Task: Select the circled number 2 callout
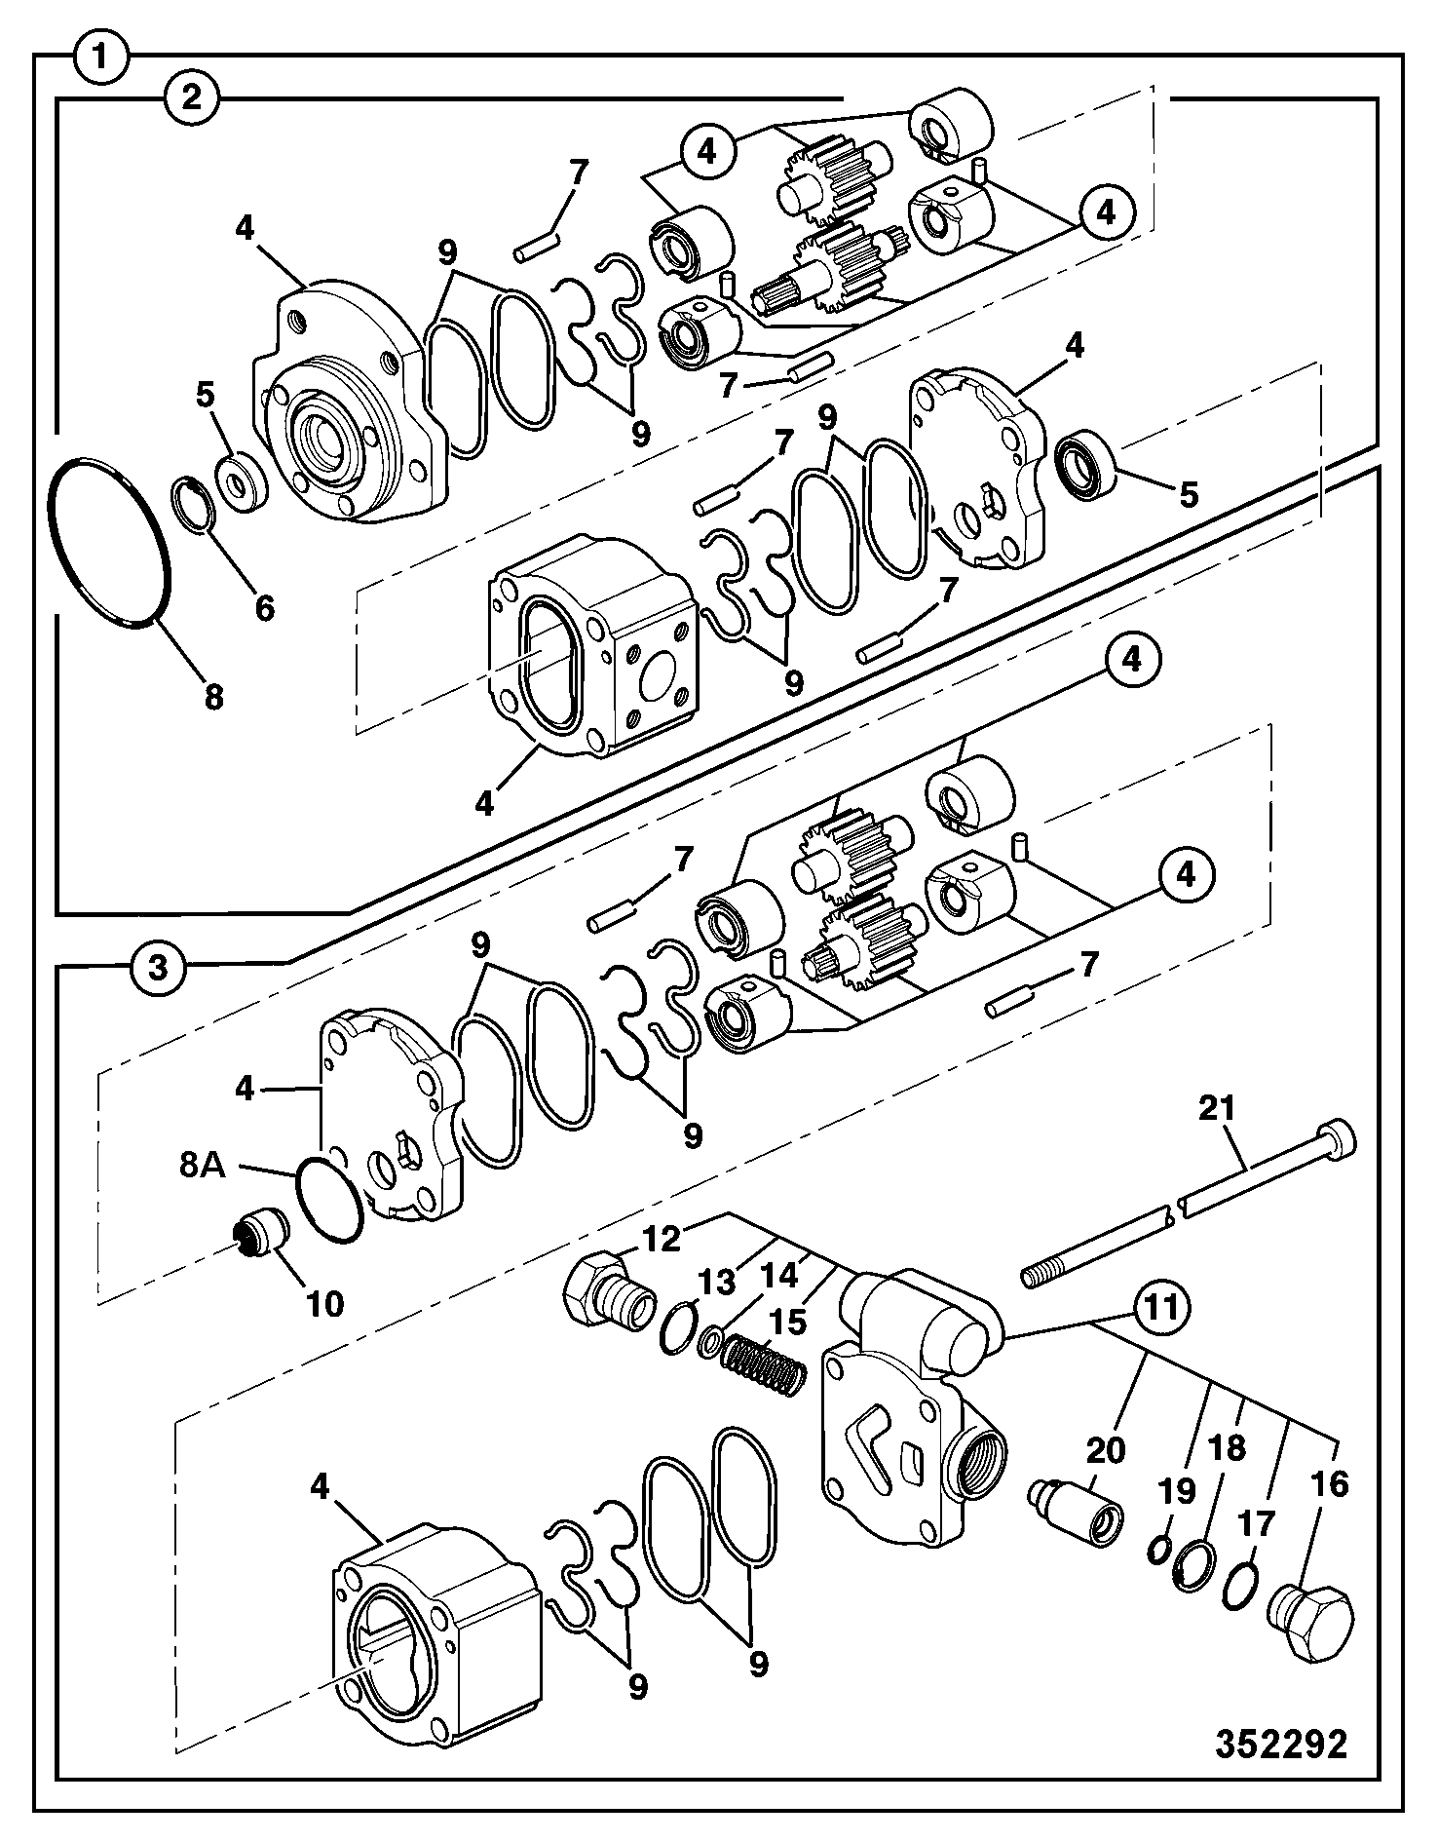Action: click(192, 97)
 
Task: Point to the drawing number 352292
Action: click(1281, 1743)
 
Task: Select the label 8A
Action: click(202, 1165)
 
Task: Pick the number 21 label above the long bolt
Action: click(1217, 1108)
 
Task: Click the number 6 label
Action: click(264, 608)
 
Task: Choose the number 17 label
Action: click(1255, 1523)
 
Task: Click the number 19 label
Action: click(1176, 1492)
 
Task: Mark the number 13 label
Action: click(717, 1283)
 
